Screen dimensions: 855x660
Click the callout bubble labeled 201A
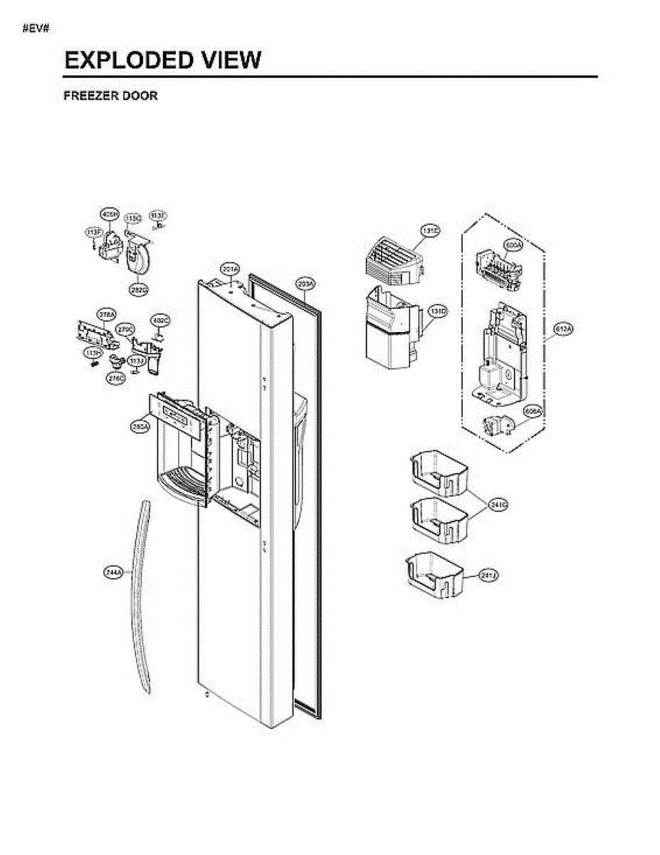[229, 269]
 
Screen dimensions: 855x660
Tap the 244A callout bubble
[112, 572]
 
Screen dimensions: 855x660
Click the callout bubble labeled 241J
[488, 575]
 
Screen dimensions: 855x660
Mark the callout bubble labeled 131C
[430, 231]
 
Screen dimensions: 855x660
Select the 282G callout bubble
[139, 290]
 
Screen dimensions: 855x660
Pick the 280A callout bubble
[140, 426]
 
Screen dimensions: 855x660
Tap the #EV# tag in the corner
[35, 28]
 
